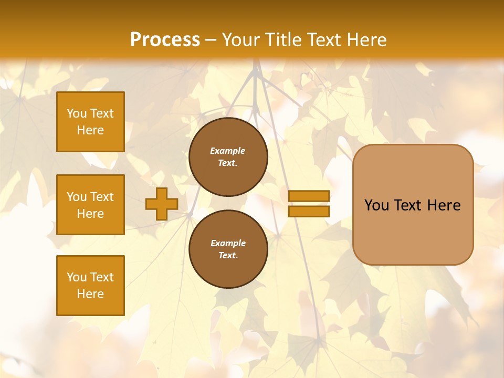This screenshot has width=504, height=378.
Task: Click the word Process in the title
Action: [x=165, y=39]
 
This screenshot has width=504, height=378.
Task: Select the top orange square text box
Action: [x=90, y=122]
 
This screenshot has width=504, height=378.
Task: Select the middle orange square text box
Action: [x=90, y=205]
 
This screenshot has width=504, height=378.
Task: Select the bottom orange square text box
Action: [x=90, y=286]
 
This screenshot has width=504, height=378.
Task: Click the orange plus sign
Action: [x=161, y=204]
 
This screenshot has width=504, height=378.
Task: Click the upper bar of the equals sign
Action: [x=309, y=196]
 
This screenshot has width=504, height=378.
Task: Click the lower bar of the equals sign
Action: [x=309, y=211]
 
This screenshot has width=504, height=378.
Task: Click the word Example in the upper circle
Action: [x=227, y=151]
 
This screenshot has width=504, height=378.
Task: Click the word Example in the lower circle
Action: [x=228, y=243]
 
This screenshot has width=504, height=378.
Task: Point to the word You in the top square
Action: [x=77, y=113]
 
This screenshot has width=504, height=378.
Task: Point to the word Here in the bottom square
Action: [x=90, y=294]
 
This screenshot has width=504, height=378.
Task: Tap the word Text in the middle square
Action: [x=101, y=197]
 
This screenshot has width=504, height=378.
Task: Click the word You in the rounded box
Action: [x=376, y=205]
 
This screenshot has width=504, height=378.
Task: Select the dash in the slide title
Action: [x=211, y=40]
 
